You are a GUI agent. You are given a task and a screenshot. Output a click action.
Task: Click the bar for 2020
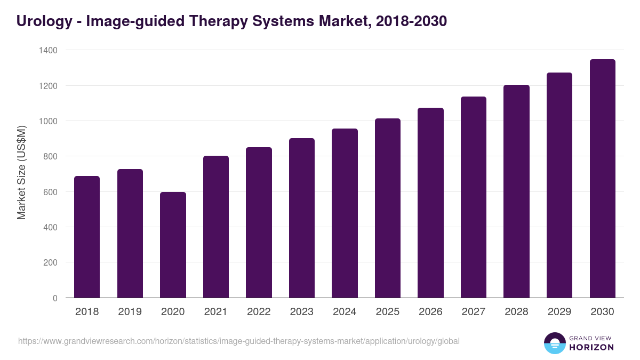(x=173, y=245)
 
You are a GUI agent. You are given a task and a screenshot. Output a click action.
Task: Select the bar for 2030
(x=602, y=179)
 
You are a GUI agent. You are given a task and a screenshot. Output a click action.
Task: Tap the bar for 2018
(x=87, y=237)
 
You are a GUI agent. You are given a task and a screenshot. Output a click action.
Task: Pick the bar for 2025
(x=388, y=208)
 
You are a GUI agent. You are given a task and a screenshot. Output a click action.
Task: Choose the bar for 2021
(x=216, y=227)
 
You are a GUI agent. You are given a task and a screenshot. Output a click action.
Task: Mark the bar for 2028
(x=516, y=191)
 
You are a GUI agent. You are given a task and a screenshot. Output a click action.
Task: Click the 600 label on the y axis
(x=50, y=192)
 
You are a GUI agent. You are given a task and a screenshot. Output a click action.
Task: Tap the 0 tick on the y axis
(x=55, y=298)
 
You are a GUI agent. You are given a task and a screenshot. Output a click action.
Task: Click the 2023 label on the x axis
(x=302, y=312)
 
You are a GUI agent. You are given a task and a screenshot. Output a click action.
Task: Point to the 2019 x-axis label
(x=130, y=312)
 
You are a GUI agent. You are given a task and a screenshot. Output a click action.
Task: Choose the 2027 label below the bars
(x=474, y=312)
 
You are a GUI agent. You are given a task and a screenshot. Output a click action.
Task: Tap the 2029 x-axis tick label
(x=559, y=312)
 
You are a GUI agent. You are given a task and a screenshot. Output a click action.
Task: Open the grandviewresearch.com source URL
(x=238, y=341)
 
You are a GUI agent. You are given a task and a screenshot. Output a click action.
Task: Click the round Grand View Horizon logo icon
(x=555, y=343)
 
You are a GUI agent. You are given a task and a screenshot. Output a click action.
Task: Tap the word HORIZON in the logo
(x=592, y=347)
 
